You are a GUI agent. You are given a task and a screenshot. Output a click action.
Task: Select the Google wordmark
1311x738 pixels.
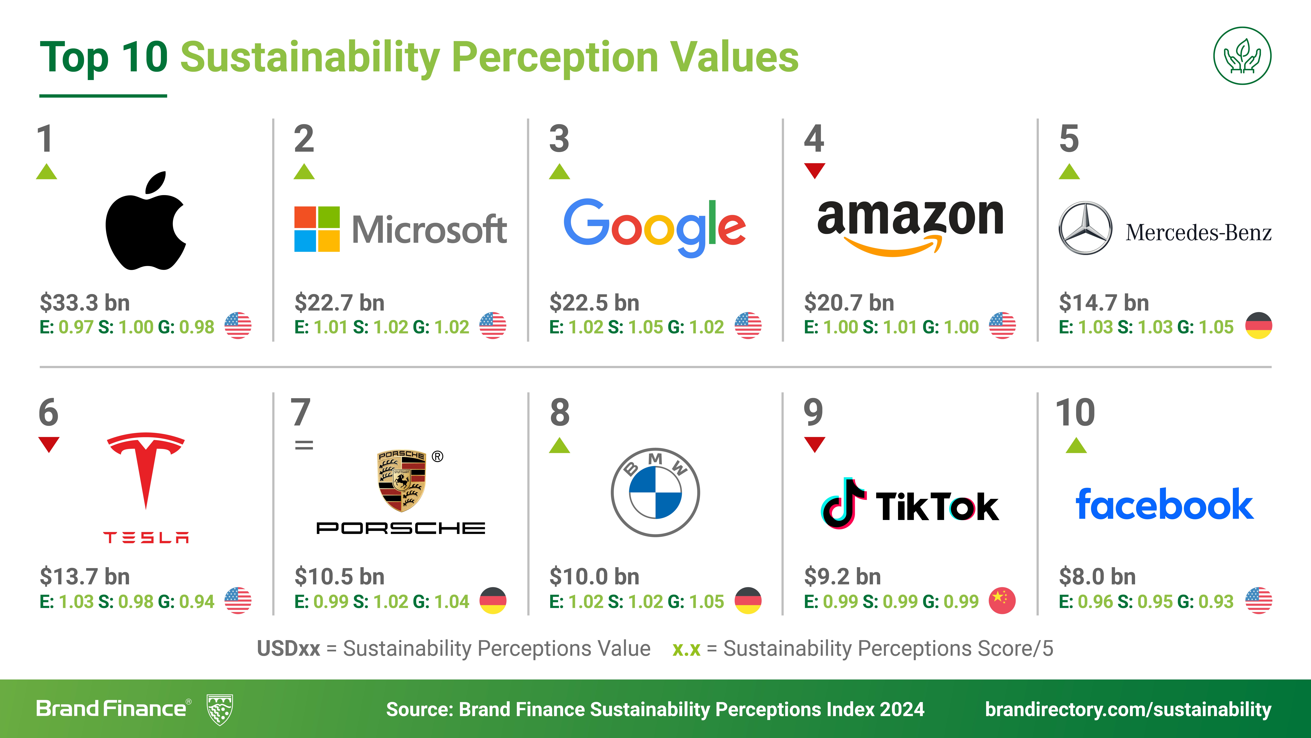654,228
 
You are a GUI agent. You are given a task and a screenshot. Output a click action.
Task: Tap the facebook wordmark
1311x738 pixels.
1164,504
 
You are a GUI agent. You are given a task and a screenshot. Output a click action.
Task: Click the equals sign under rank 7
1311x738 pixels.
304,445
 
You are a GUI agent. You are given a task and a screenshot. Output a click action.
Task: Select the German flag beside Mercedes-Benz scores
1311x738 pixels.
1259,326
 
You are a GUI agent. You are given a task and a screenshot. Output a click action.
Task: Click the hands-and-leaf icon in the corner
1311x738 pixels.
1242,56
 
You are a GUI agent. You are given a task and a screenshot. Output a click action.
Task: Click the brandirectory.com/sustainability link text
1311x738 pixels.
1128,710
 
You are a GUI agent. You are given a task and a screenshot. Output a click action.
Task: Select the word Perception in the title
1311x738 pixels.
555,57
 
